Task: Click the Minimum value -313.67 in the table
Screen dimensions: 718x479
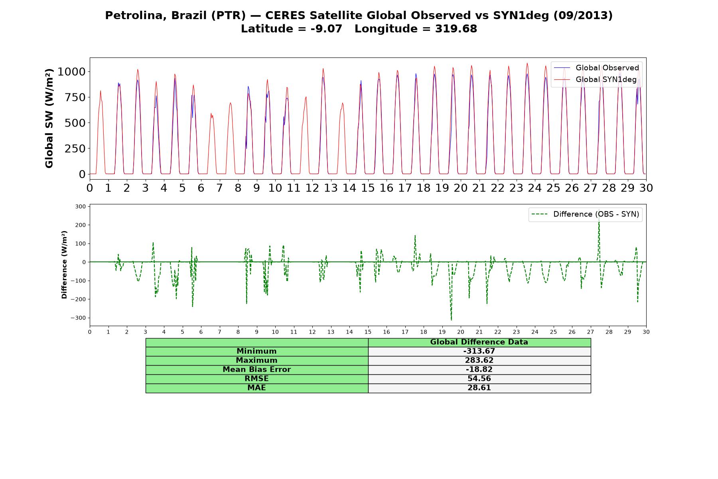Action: pos(479,351)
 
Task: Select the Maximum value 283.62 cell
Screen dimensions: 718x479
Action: pos(479,360)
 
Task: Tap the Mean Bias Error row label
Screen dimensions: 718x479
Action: pos(256,370)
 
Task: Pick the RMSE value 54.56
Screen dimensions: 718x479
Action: pos(479,379)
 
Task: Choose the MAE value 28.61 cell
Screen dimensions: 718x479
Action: pos(479,388)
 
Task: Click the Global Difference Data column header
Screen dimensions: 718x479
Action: pos(479,342)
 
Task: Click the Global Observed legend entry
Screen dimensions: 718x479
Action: pos(597,68)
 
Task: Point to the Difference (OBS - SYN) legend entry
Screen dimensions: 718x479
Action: pos(586,214)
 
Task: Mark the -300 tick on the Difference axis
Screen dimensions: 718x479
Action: pos(78,318)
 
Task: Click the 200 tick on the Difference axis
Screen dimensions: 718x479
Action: pos(80,225)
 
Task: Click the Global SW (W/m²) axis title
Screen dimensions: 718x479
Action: pos(49,118)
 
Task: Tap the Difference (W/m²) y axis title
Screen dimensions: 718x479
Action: pos(64,265)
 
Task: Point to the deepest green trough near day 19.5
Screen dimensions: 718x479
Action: pos(451,320)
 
